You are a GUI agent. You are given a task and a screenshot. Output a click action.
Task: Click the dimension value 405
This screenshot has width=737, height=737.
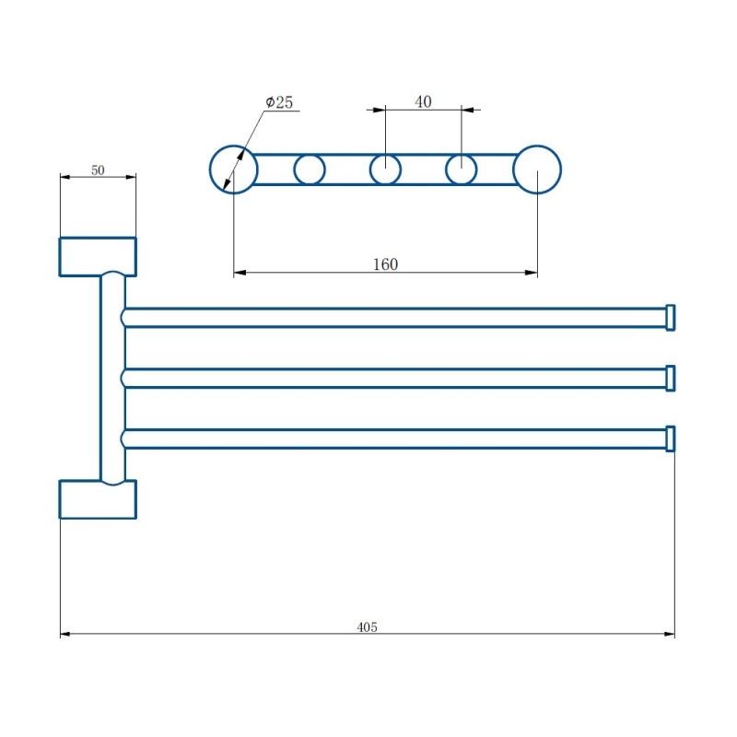368,626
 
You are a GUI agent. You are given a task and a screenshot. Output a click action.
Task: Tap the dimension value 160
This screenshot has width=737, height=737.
385,264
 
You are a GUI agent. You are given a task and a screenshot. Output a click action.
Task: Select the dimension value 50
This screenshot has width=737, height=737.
98,170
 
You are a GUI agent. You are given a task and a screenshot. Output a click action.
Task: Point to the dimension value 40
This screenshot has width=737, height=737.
423,102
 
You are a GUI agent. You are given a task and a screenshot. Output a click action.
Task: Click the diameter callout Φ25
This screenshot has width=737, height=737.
279,102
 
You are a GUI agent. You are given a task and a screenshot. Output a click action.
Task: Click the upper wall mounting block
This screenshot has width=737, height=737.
98,256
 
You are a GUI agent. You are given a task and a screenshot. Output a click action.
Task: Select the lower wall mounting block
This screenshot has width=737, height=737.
98,498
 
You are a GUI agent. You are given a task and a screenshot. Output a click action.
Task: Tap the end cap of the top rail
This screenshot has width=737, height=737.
671,317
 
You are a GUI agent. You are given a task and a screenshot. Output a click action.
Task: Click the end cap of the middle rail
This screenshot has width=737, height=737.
671,378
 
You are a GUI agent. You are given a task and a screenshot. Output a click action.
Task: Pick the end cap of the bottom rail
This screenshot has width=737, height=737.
671,439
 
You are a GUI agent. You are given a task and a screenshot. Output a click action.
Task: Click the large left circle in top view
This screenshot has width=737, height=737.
233,170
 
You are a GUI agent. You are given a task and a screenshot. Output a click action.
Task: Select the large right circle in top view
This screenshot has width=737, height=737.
537,170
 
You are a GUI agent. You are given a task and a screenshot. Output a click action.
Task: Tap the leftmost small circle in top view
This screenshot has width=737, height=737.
310,170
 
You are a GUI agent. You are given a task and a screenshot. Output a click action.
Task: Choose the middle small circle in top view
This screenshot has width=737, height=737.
385,170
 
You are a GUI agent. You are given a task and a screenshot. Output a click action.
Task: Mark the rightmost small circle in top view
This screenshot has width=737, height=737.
462,170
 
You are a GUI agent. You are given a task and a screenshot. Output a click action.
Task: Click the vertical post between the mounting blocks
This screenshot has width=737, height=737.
111,378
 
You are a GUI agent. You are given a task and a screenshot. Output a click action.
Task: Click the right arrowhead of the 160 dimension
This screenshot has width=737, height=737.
532,273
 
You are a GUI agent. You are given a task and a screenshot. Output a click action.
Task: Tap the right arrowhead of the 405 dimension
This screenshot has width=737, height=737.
669,634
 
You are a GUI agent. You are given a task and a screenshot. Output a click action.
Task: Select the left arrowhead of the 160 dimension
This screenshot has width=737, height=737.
240,273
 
